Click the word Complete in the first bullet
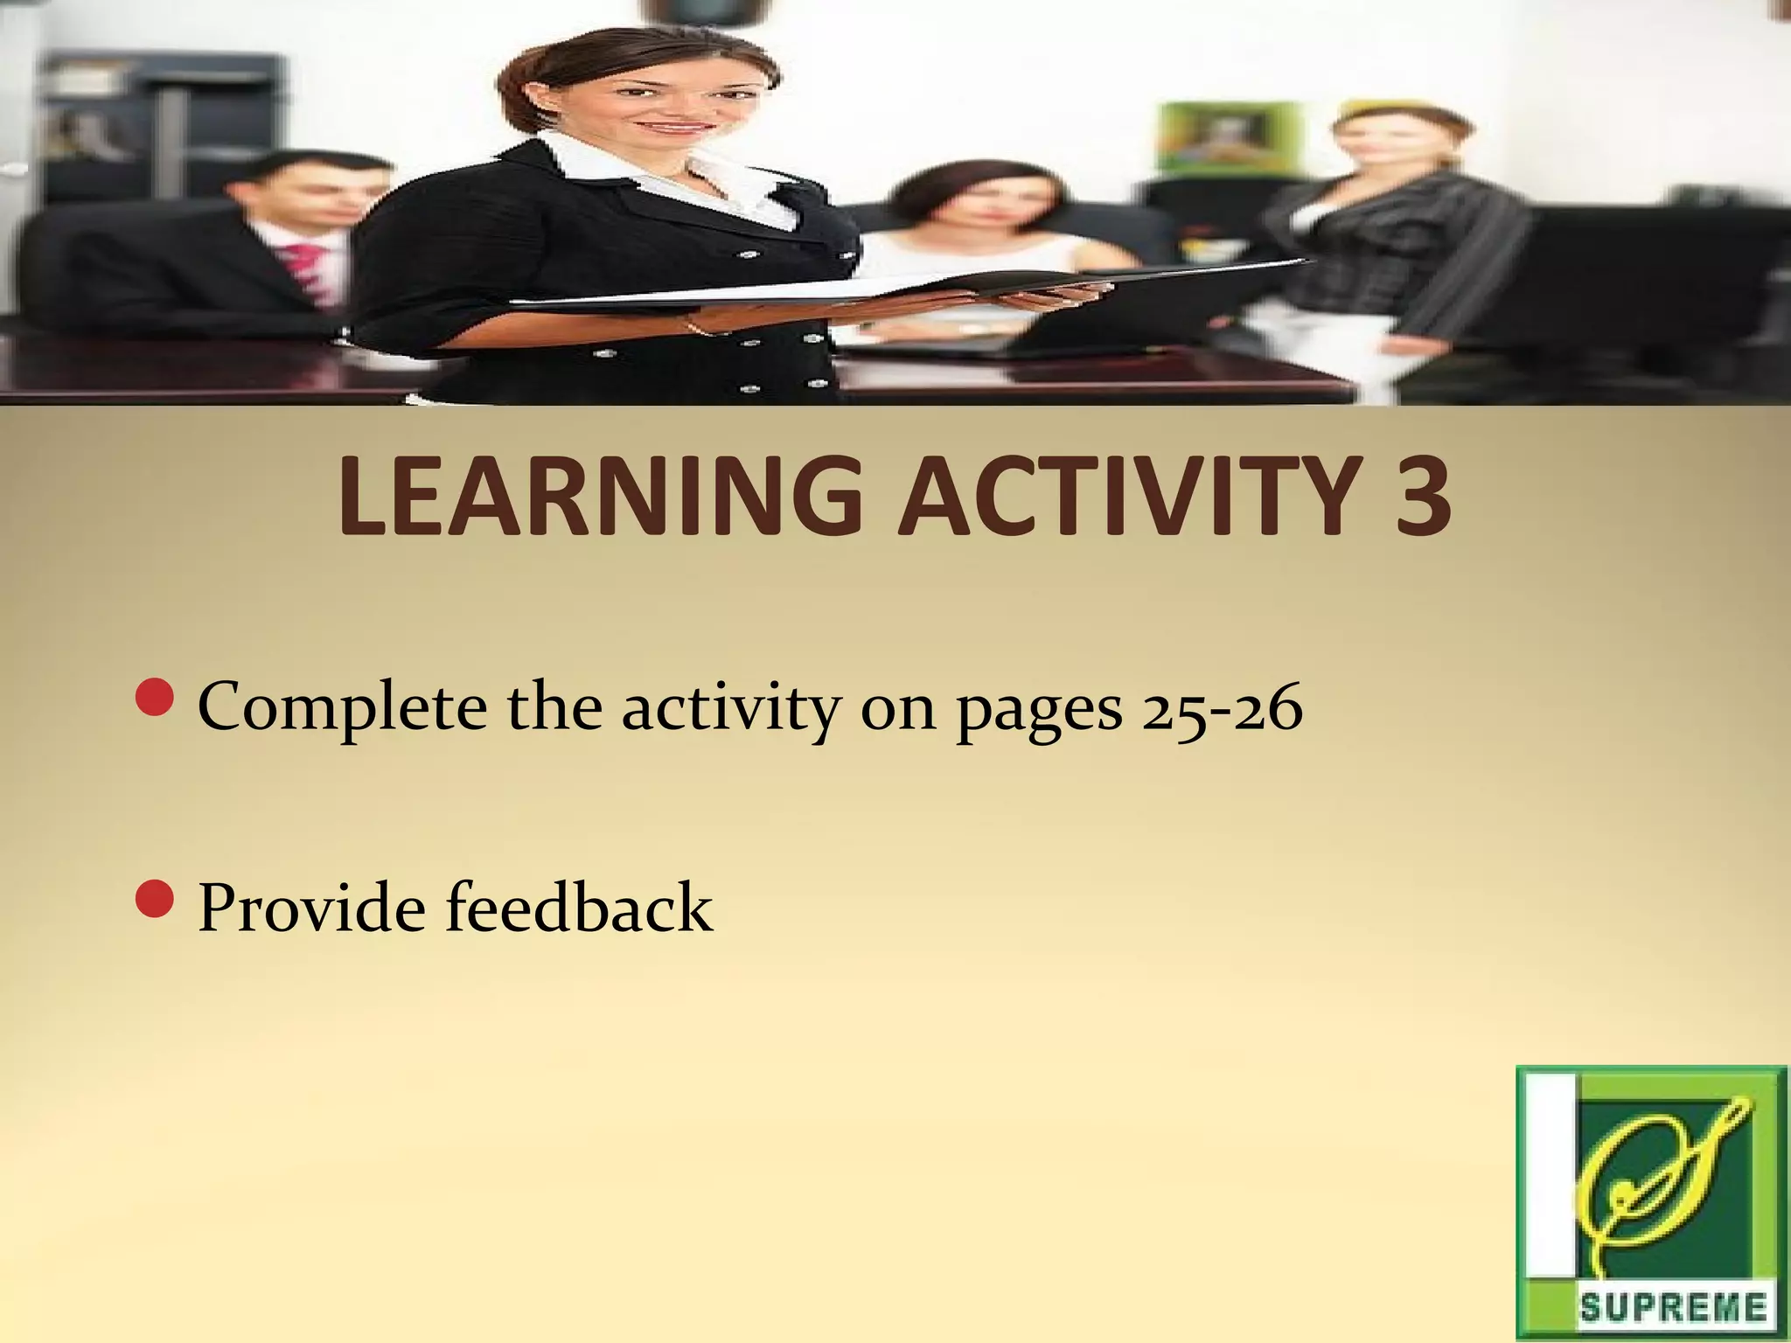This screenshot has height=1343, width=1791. (x=342, y=708)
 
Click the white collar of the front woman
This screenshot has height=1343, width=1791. (x=665, y=175)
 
